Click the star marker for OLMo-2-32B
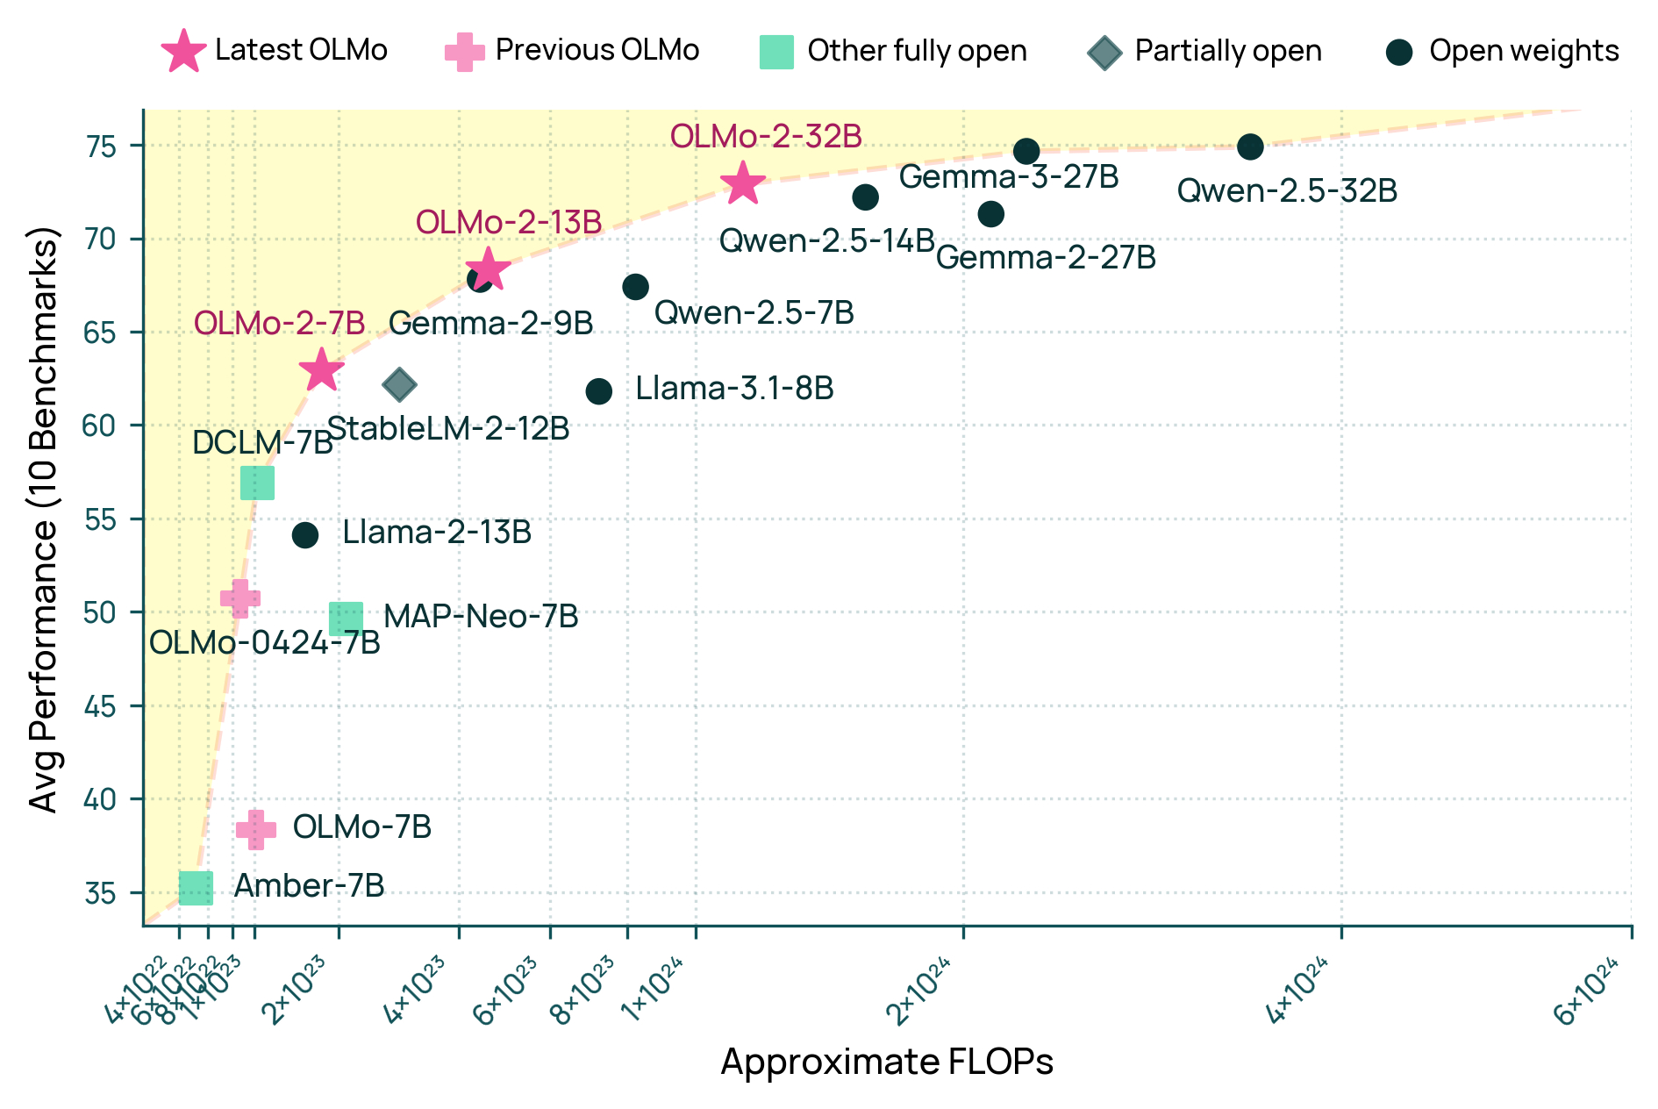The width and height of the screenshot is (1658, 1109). point(743,183)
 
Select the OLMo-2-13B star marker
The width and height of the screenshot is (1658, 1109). point(488,269)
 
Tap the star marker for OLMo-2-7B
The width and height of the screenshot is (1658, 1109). point(321,370)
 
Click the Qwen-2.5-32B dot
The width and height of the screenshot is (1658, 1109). point(1250,147)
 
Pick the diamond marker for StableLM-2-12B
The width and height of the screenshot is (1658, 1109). point(399,384)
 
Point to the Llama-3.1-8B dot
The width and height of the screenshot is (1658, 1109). point(598,391)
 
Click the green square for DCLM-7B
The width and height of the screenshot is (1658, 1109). point(257,482)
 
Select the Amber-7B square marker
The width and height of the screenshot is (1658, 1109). point(196,888)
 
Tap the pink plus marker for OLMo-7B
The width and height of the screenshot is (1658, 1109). point(255,829)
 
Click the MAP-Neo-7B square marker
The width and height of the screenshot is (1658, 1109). point(346,619)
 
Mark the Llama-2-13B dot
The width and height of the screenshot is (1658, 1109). point(304,535)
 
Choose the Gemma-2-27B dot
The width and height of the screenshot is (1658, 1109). point(990,214)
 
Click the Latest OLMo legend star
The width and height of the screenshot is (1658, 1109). point(184,51)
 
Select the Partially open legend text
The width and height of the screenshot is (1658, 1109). point(1228,51)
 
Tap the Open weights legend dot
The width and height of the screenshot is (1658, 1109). point(1399,53)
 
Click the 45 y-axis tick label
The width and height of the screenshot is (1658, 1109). point(102,706)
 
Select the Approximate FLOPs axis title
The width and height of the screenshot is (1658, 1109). point(887,1062)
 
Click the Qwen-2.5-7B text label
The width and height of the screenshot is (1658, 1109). point(754,313)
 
